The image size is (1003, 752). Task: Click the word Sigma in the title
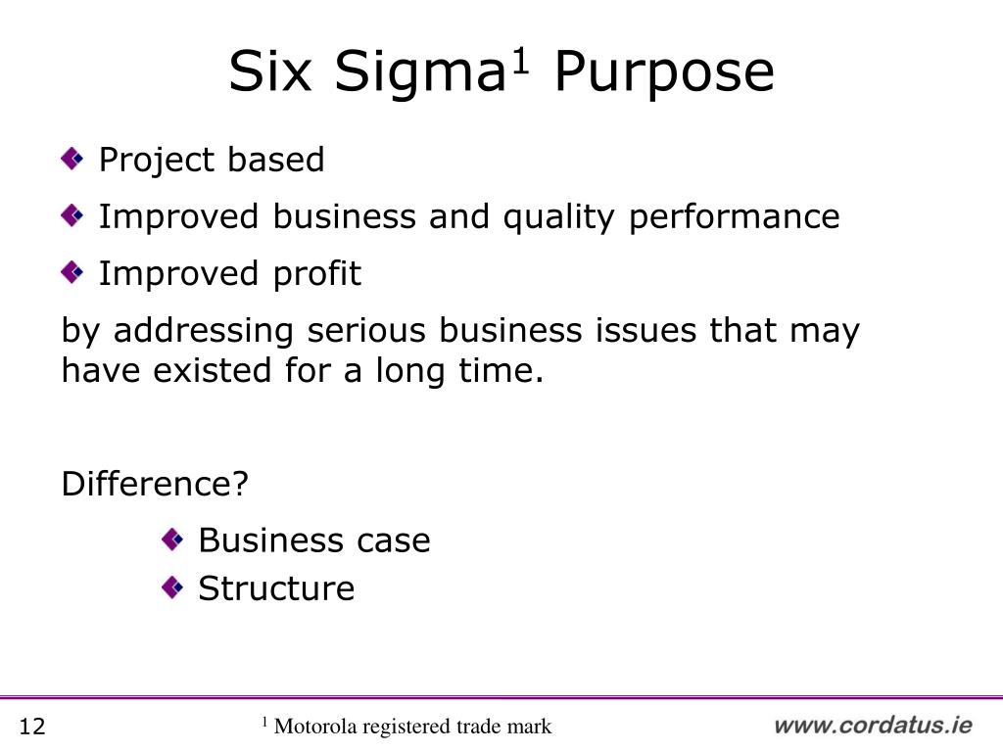[x=420, y=73]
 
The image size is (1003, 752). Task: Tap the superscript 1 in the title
[x=521, y=62]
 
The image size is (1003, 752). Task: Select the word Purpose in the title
[x=665, y=73]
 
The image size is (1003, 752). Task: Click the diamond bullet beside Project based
[x=72, y=159]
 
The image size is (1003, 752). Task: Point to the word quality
[x=558, y=217]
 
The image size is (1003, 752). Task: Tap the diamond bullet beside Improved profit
[x=72, y=272]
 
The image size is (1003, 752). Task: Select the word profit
[x=317, y=274]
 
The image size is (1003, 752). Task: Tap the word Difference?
[x=155, y=484]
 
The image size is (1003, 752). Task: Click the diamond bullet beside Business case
[x=172, y=540]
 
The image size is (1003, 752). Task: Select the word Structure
[x=276, y=588]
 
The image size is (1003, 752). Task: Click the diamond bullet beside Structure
[x=172, y=587]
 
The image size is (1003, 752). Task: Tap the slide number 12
[x=32, y=727]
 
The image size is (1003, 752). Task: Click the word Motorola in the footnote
[x=315, y=727]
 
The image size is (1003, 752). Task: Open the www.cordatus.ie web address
[x=873, y=726]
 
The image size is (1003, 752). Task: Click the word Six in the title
[x=270, y=70]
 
